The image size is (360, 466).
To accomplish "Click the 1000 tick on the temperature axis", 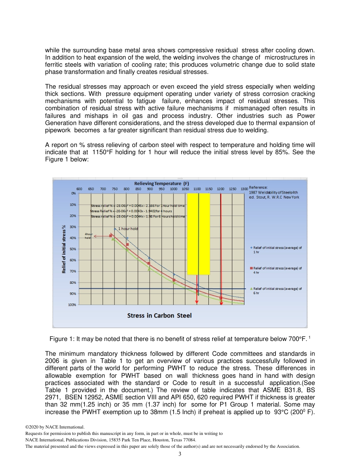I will point(174,189).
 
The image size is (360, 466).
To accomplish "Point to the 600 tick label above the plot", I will point(80,189).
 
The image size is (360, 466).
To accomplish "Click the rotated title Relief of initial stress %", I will point(64,249).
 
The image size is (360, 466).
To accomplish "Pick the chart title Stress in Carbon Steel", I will point(159,315).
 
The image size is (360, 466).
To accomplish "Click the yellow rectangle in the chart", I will point(198,233).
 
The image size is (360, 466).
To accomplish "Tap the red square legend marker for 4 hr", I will point(251,268).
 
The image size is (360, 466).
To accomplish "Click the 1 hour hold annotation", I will point(128,229).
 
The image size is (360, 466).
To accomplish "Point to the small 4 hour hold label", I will point(88,236).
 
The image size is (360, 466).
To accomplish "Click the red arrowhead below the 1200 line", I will point(221,302).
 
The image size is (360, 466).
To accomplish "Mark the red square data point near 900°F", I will point(149,263).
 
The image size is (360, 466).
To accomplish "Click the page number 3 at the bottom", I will point(180,454).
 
